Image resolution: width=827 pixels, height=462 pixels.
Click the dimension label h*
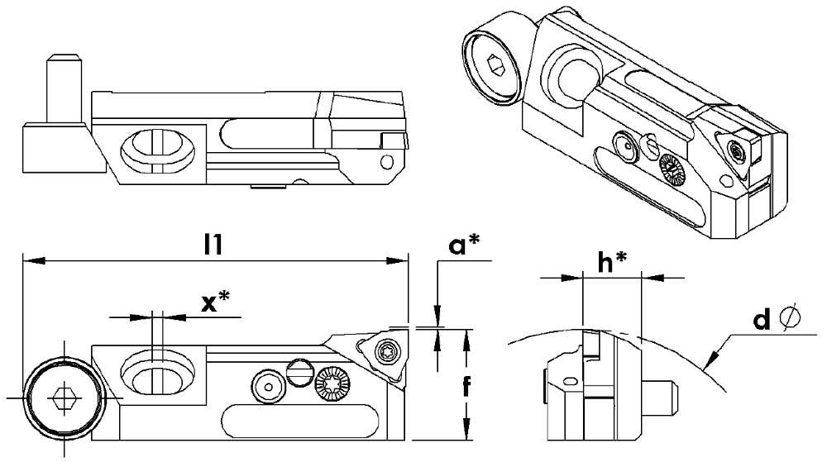pos(613,262)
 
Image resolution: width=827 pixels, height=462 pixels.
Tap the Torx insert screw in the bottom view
pos(385,353)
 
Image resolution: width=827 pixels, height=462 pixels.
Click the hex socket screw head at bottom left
pos(62,398)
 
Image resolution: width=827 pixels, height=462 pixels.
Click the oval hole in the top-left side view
pos(158,149)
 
